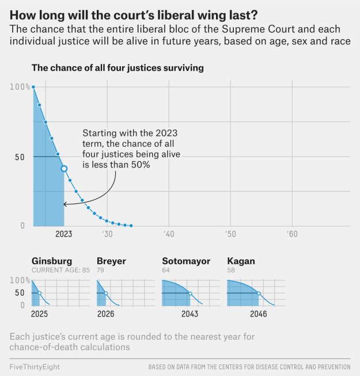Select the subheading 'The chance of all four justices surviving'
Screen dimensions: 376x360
(x=118, y=68)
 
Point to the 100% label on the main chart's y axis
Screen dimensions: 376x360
(x=20, y=87)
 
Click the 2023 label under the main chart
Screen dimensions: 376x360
(x=63, y=234)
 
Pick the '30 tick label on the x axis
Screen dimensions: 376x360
(x=107, y=234)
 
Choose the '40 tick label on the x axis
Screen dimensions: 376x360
(x=168, y=234)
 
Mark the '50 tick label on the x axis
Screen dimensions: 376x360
(x=230, y=234)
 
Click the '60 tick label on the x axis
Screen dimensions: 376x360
(x=291, y=234)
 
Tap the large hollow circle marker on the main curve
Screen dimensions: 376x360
(x=64, y=169)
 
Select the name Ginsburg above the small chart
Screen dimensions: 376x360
(x=52, y=261)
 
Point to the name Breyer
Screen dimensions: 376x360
(x=111, y=261)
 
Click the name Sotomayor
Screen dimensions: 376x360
(x=186, y=261)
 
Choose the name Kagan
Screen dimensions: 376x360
(x=241, y=261)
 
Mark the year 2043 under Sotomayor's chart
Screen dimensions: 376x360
(x=190, y=314)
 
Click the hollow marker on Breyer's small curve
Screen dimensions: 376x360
(x=106, y=293)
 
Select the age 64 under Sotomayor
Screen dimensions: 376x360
(x=167, y=270)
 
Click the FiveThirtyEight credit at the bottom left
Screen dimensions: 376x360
(x=35, y=367)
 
